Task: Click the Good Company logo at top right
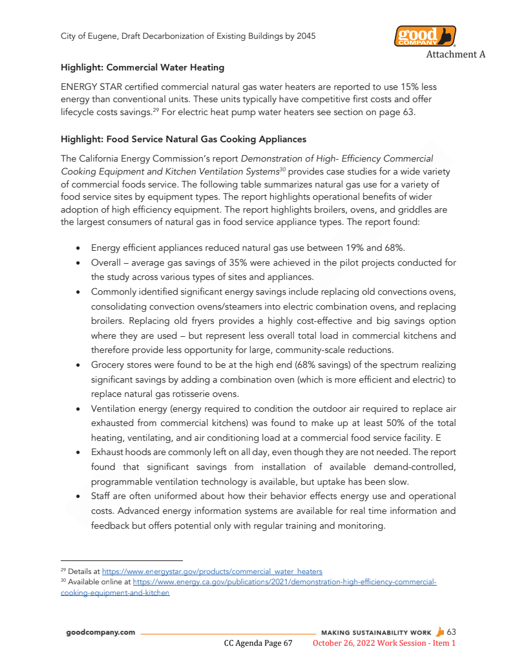click(x=425, y=36)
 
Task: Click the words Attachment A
click(x=455, y=54)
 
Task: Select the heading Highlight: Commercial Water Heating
click(x=142, y=67)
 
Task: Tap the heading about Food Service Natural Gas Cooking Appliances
click(x=183, y=139)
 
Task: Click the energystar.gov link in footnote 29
click(x=212, y=571)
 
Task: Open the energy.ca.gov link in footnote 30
click(x=284, y=582)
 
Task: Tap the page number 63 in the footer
click(x=451, y=632)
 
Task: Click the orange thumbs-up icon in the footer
click(x=441, y=632)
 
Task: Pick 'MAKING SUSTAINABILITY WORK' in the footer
click(x=376, y=632)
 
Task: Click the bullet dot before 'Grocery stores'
click(x=78, y=365)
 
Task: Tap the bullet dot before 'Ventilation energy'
click(x=78, y=409)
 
